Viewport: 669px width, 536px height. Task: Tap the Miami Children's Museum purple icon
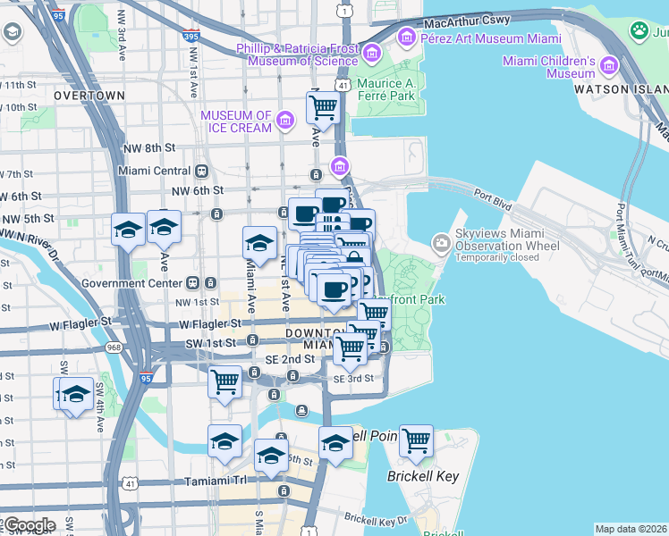pos(610,65)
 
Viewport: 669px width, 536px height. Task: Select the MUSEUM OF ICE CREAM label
pos(236,121)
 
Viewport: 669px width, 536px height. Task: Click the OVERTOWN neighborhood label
pos(89,95)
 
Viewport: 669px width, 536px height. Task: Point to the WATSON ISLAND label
pos(621,90)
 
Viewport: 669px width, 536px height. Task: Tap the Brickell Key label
pos(423,476)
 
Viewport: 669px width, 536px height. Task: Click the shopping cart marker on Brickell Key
pos(416,440)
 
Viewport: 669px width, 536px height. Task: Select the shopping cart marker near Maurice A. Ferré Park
pos(323,108)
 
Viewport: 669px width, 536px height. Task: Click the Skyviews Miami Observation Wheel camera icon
pos(441,242)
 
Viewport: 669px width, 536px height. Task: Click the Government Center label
pos(144,283)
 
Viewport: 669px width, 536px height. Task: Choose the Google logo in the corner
pos(30,525)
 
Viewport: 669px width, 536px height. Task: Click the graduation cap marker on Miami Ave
pos(259,241)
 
